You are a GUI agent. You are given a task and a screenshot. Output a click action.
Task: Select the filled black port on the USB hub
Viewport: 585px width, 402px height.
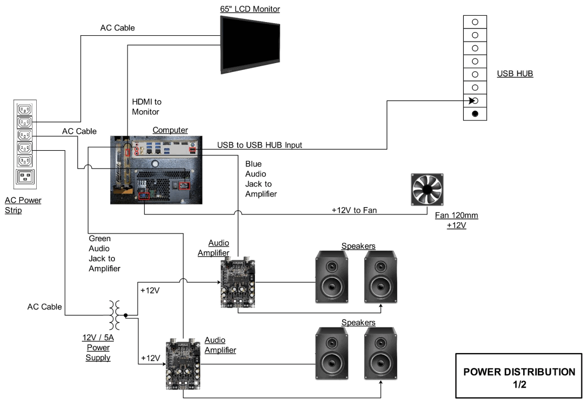point(475,114)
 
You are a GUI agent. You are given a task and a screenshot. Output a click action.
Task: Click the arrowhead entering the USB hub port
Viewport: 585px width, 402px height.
point(471,100)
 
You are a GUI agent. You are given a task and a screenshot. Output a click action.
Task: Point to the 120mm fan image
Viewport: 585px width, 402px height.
point(427,190)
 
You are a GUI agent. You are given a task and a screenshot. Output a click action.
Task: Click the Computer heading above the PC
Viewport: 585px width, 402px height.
point(170,130)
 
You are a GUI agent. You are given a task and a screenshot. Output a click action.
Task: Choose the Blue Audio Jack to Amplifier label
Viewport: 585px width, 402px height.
point(261,179)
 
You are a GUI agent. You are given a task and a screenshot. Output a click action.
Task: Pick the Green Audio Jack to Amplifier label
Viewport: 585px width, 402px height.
point(104,253)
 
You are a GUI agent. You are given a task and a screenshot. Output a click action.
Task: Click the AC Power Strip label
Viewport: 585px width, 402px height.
point(23,205)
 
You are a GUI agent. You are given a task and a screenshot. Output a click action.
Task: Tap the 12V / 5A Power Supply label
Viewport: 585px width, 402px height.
point(99,347)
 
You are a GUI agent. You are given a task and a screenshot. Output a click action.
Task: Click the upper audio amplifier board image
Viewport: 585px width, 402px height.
point(238,284)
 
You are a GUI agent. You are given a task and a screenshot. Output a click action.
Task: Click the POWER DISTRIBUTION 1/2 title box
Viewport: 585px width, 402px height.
point(518,377)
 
